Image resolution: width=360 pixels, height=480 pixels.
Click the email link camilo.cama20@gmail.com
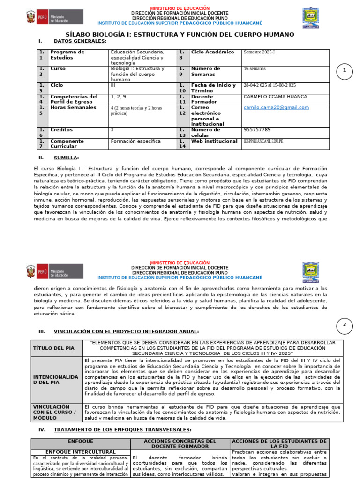click(x=276, y=107)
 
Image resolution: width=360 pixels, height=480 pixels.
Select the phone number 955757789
click(x=257, y=129)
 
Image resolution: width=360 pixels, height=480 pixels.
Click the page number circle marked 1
click(x=345, y=71)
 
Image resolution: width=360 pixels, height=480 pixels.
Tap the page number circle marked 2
click(x=345, y=325)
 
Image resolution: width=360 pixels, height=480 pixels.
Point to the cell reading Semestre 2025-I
click(x=259, y=52)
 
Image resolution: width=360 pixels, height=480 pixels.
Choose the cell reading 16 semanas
click(x=255, y=68)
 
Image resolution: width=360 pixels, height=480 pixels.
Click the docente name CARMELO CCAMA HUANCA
click(x=276, y=97)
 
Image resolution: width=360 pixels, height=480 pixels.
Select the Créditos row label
click(x=61, y=129)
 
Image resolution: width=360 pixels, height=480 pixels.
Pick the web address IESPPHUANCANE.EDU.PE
click(x=263, y=141)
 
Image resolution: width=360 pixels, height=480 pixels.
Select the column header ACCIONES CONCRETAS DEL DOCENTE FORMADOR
click(x=180, y=443)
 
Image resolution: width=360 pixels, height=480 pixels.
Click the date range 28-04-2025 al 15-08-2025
click(x=270, y=85)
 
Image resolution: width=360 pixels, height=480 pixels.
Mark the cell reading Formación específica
click(x=135, y=141)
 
